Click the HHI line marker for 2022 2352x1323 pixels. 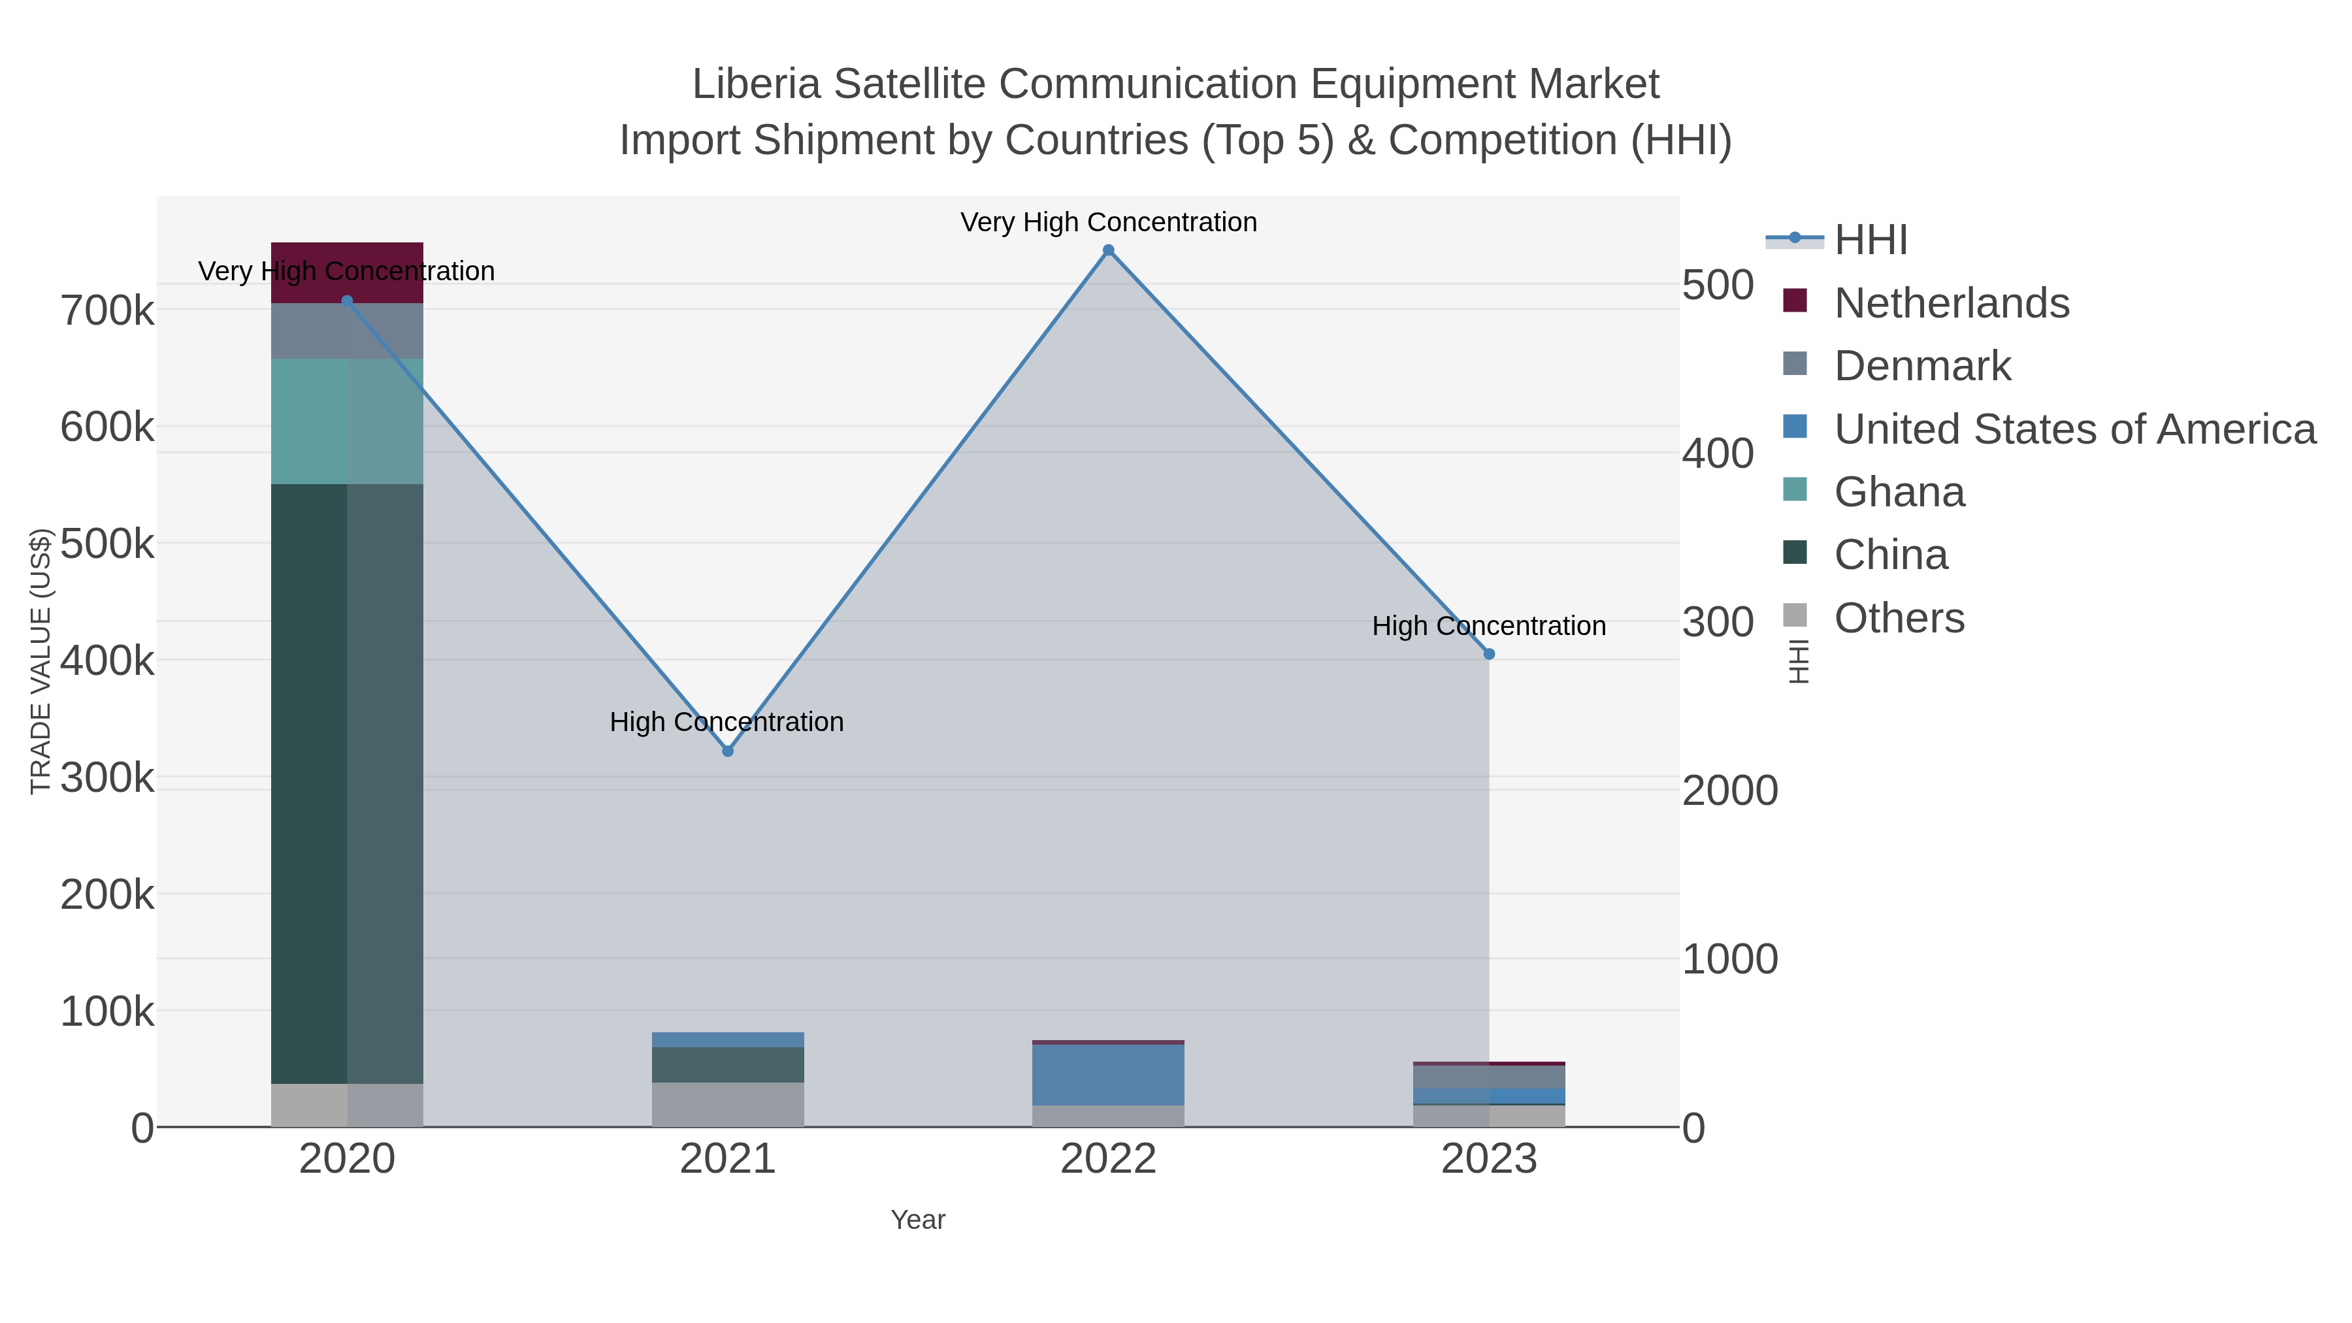1109,250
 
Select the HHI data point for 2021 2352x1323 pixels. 728,751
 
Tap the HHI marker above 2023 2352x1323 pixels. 1489,655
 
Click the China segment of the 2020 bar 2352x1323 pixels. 347,785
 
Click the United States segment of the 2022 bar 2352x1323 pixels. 1109,1075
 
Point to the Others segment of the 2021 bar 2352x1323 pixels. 728,1105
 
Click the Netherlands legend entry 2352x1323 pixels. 1950,303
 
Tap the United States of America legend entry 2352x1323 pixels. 2074,429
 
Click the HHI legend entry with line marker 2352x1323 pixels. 1870,240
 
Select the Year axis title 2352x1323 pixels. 918,1220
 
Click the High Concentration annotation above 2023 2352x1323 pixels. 1488,627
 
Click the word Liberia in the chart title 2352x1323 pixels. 754,84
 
